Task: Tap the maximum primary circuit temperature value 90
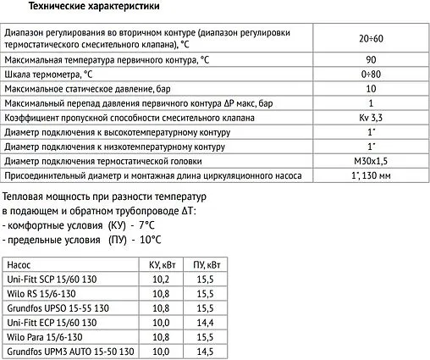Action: pos(371,62)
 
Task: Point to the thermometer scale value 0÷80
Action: pos(371,76)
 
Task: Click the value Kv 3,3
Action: pos(371,117)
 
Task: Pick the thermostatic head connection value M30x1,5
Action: pos(371,159)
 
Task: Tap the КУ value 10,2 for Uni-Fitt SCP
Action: pos(160,279)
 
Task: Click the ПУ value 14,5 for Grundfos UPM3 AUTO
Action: pos(203,350)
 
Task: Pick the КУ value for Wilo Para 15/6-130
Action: pos(160,335)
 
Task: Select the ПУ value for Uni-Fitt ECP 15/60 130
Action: pos(203,321)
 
